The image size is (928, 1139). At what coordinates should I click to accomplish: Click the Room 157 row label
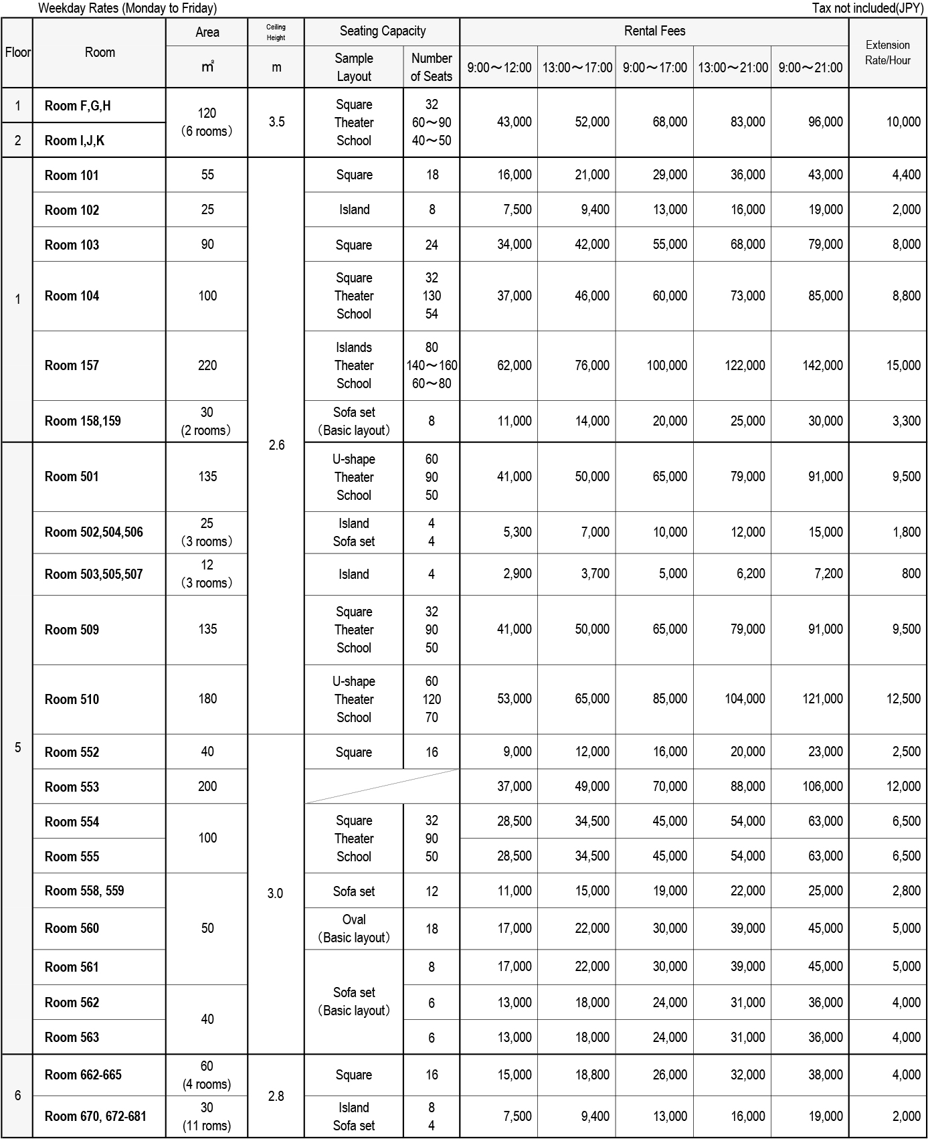point(72,365)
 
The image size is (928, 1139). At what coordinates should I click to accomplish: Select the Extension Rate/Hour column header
point(887,52)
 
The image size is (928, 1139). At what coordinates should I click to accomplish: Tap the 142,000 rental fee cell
point(822,365)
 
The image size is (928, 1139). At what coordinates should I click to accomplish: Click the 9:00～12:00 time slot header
point(499,68)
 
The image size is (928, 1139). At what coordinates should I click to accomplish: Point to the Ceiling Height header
point(276,32)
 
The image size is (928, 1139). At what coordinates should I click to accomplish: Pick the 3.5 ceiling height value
point(276,122)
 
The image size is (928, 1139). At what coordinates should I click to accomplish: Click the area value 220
point(207,365)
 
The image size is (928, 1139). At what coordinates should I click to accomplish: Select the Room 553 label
point(72,787)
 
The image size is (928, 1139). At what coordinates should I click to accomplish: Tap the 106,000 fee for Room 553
point(822,786)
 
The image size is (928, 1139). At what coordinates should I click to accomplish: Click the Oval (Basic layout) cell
point(353,928)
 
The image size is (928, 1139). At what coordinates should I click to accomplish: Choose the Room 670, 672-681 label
point(95,1116)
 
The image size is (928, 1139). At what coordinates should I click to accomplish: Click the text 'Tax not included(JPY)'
point(867,8)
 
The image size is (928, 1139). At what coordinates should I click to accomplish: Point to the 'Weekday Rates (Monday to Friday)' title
point(127,8)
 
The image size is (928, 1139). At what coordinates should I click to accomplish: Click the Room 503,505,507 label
point(94,574)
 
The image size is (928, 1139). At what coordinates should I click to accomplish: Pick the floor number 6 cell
point(17,1096)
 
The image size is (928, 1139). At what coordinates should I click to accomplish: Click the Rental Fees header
point(654,31)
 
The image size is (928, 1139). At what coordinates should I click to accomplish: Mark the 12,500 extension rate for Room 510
point(903,699)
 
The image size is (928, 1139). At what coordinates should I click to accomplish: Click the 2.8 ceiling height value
point(276,1096)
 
